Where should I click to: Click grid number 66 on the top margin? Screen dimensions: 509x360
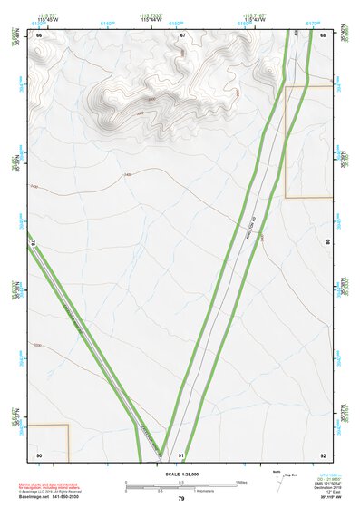tap(39, 35)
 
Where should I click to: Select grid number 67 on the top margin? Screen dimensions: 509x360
tap(182, 35)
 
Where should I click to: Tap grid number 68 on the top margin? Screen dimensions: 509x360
tap(323, 35)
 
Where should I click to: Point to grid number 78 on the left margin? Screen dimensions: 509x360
tap(33, 243)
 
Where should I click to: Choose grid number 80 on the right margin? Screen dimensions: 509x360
tap(326, 242)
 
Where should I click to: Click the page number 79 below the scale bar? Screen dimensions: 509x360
tap(181, 499)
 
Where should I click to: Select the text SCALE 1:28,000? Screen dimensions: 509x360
tap(180, 474)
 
